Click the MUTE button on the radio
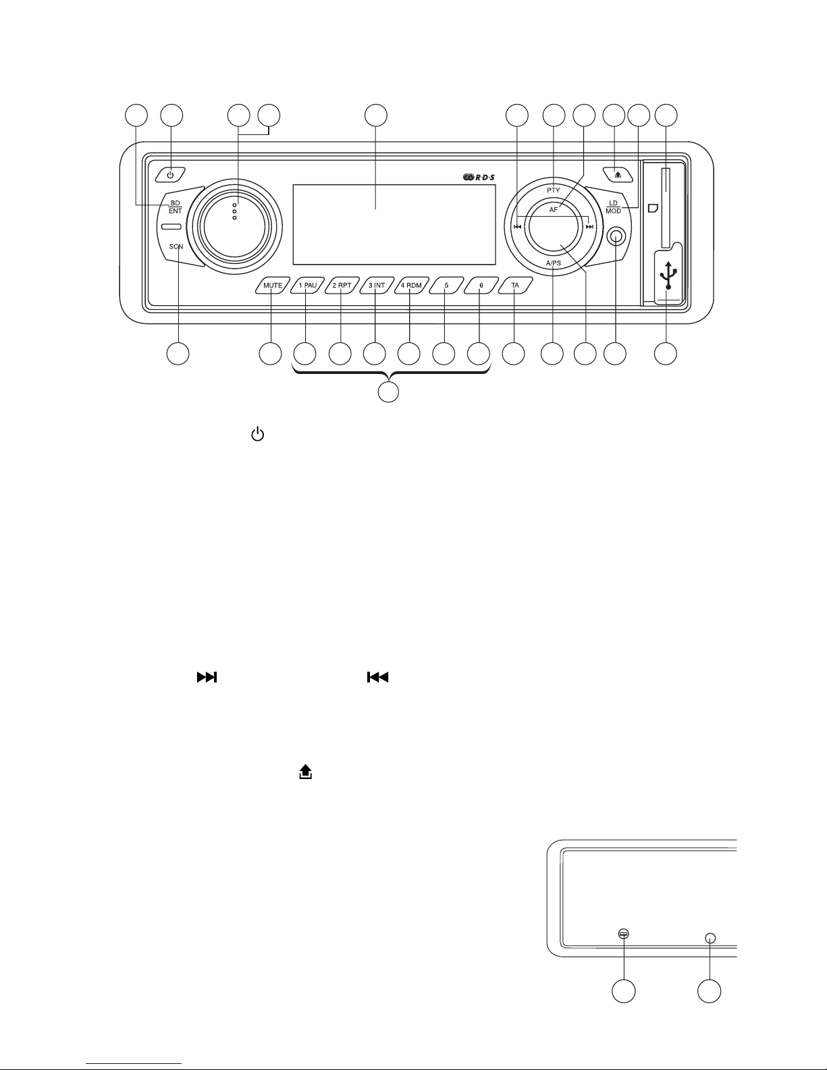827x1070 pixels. (273, 286)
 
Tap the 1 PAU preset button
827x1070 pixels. (308, 286)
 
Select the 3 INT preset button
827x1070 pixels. (377, 286)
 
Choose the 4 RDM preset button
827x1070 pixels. (412, 286)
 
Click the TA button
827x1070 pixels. (515, 286)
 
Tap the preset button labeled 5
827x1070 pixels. (446, 286)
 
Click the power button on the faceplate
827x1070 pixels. (170, 175)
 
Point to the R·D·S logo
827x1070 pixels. (479, 178)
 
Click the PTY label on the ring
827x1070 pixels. (554, 190)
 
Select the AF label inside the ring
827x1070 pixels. (554, 210)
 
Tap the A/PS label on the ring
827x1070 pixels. (554, 263)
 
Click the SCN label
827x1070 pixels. (176, 246)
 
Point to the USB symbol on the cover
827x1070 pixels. (668, 275)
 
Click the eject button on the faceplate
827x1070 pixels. (618, 175)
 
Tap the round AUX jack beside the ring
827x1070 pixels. (616, 238)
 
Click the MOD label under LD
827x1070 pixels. (614, 211)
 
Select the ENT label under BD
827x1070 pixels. (176, 211)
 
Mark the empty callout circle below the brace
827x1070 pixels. (388, 392)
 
